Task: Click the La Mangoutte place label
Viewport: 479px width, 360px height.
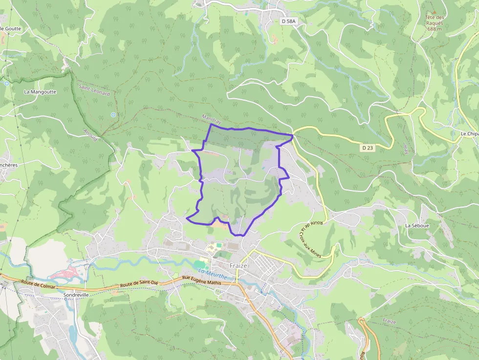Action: (x=40, y=92)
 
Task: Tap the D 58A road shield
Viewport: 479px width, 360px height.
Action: (x=288, y=21)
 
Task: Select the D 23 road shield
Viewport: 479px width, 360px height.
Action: (x=368, y=148)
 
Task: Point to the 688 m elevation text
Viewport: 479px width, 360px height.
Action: (x=434, y=29)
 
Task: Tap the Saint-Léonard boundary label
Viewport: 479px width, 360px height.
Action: (x=94, y=90)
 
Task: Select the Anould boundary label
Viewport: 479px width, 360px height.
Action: (x=90, y=134)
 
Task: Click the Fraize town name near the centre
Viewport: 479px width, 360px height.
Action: (x=239, y=266)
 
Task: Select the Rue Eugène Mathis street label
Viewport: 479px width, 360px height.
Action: (x=201, y=282)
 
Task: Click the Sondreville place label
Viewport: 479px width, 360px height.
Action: (x=76, y=296)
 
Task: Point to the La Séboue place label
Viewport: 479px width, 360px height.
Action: (x=416, y=226)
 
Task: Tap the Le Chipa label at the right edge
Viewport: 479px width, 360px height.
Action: (x=469, y=134)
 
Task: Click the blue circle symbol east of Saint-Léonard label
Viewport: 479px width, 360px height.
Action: (x=113, y=115)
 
